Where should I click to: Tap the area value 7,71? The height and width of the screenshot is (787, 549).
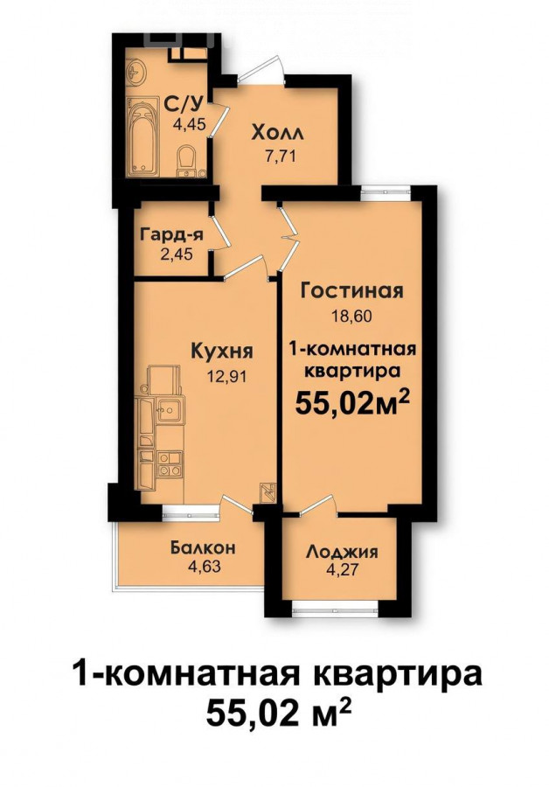point(281,156)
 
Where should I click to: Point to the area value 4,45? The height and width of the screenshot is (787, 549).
point(189,124)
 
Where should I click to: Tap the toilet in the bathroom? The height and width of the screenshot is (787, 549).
point(186,161)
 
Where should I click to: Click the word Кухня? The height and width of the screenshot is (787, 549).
point(222,352)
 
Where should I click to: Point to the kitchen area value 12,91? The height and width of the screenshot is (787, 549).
point(227,375)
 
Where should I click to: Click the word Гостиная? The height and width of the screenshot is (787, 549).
point(351,290)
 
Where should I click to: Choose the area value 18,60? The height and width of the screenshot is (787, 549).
point(351,317)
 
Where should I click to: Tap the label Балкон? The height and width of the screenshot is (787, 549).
point(203,548)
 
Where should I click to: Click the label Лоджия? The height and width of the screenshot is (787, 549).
point(342,552)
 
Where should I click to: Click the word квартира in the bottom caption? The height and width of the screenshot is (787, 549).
point(396,674)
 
